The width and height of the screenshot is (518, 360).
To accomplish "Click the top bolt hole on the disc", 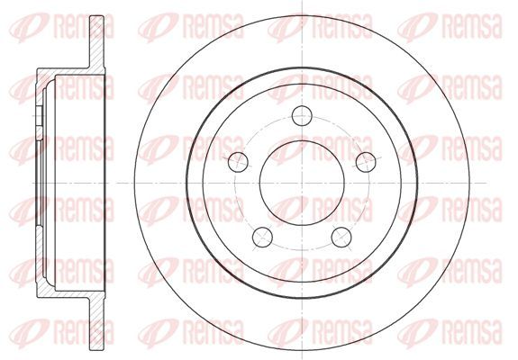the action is (x=303, y=115).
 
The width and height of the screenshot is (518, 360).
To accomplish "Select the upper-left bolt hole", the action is (x=238, y=162).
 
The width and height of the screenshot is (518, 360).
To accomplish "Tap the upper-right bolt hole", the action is (x=366, y=162).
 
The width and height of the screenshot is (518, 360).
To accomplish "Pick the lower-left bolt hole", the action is (x=262, y=238).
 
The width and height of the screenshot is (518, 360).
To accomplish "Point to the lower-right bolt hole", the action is (x=341, y=238).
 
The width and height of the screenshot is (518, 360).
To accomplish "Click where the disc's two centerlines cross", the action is (x=303, y=183).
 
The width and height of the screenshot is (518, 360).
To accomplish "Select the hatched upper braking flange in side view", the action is (x=97, y=41).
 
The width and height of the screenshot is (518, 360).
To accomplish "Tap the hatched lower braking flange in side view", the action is (x=97, y=324).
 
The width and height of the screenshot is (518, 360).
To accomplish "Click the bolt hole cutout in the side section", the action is (x=39, y=116).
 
